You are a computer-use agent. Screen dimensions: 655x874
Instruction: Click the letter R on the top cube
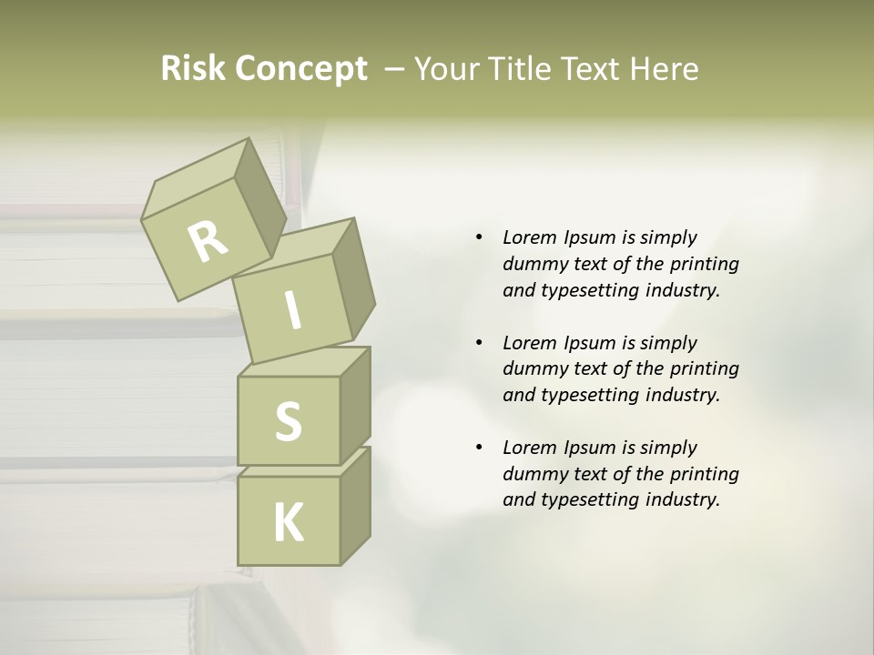coord(208,241)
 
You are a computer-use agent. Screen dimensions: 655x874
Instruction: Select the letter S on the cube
coord(288,421)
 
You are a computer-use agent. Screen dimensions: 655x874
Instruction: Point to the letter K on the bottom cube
coord(289,523)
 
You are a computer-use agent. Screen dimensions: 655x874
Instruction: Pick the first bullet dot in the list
coord(479,237)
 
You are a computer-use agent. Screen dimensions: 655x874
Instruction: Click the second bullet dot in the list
coord(479,343)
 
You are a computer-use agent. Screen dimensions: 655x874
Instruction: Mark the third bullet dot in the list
coord(479,448)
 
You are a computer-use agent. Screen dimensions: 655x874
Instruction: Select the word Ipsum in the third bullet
coord(591,448)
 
